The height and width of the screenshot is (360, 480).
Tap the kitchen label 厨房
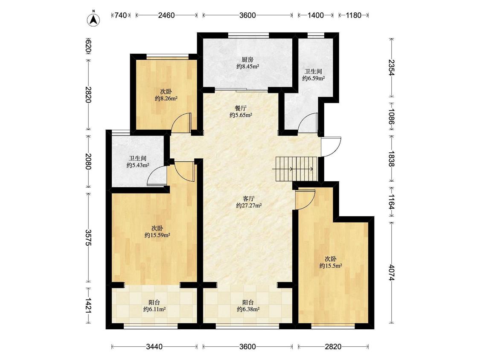pos(247,59)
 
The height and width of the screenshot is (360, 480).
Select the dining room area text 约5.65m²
pos(241,115)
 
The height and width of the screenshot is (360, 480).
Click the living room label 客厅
pos(249,198)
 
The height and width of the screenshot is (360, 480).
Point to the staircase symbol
pos(294,169)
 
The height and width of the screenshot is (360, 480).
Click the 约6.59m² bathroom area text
pos(314,78)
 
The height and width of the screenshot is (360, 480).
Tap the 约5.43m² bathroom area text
pos(138,165)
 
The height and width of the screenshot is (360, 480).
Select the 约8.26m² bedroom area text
pos(166,99)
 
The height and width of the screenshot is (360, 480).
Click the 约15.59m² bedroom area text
pos(157,235)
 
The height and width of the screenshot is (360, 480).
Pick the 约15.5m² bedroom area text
pos(331,266)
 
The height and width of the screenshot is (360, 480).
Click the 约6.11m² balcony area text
pos(154,309)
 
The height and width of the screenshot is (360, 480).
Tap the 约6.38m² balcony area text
pos(248,309)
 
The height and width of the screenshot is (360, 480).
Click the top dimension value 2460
pos(166,15)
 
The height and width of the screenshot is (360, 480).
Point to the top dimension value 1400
pos(316,15)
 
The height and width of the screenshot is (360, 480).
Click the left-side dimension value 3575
pos(88,237)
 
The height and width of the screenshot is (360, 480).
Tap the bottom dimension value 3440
pos(154,346)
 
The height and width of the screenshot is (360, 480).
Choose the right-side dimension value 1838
pos(392,159)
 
